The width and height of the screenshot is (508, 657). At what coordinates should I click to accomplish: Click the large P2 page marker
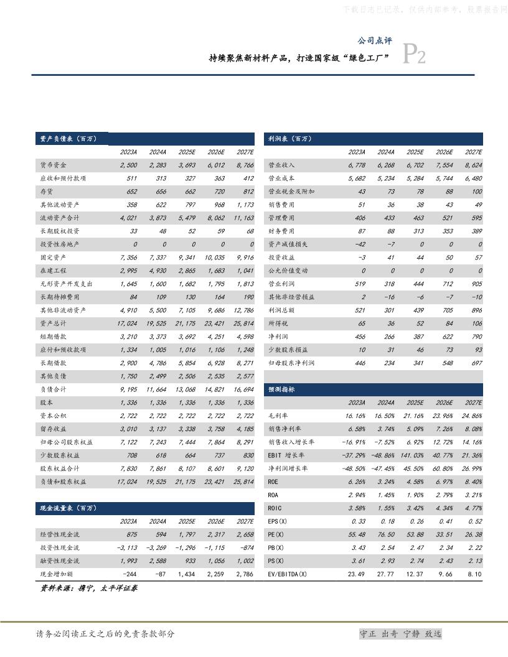415,55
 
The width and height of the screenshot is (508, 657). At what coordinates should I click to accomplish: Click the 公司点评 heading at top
374,40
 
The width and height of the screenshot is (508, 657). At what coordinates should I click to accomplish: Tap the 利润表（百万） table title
289,139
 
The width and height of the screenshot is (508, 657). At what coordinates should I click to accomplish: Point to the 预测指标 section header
281,389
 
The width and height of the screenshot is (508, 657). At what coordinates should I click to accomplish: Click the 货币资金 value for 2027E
243,165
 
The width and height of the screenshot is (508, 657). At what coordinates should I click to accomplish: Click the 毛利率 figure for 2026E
444,415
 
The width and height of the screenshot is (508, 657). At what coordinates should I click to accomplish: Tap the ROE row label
273,481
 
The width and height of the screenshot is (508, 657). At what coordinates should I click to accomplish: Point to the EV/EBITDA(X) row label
287,574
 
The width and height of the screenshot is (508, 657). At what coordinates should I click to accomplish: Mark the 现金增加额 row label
57,574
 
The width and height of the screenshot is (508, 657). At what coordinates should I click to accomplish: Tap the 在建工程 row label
53,271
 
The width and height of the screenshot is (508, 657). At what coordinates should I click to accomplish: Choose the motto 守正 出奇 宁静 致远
401,634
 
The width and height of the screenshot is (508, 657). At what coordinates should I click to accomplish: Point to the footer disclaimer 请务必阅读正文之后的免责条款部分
106,634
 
